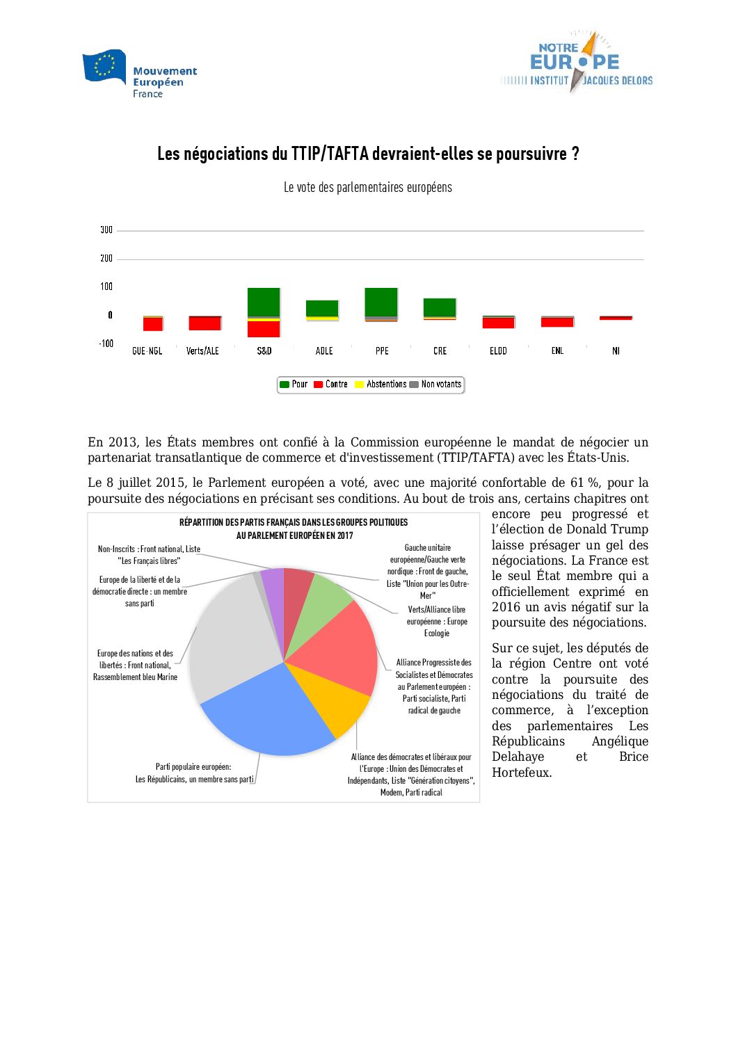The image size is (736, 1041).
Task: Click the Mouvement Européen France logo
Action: tap(139, 74)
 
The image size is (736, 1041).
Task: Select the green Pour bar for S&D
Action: tap(264, 302)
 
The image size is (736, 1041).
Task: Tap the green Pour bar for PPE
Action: tap(381, 302)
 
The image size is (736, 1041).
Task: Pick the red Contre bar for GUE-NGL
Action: tap(152, 324)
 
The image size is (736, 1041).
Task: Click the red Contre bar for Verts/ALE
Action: tap(205, 323)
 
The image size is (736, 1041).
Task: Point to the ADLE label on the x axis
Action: tap(324, 351)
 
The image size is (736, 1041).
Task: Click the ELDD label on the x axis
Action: tap(498, 351)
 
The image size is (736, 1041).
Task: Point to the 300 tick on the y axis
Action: tap(106, 230)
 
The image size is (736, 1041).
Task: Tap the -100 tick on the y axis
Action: tap(106, 344)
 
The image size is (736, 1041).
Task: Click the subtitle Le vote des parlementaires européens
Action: tap(367, 188)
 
